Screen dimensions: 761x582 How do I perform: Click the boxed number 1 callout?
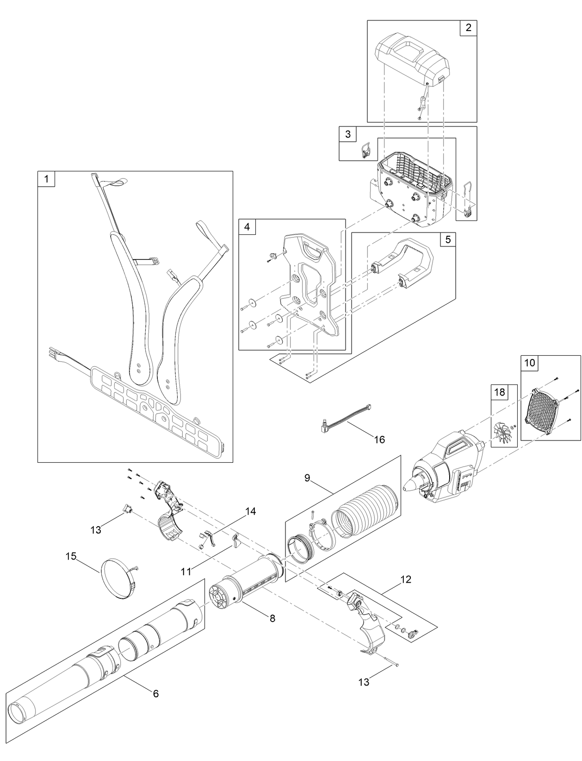(x=46, y=179)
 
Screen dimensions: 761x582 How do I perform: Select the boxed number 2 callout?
(x=468, y=28)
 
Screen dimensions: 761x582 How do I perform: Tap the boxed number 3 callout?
(x=348, y=134)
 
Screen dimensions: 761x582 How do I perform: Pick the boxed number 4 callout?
(x=247, y=227)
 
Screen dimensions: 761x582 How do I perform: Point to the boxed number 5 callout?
(x=447, y=239)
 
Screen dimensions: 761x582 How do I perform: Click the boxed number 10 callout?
(x=529, y=363)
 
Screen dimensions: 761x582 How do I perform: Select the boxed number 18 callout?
(x=500, y=392)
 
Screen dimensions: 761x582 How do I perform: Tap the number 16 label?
(x=379, y=440)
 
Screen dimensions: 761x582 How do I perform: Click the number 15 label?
(x=71, y=555)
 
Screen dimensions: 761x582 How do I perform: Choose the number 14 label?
(x=250, y=511)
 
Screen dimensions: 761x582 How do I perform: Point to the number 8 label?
(x=272, y=618)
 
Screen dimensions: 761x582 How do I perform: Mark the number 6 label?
(x=156, y=693)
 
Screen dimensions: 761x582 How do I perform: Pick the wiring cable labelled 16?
(x=347, y=415)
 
